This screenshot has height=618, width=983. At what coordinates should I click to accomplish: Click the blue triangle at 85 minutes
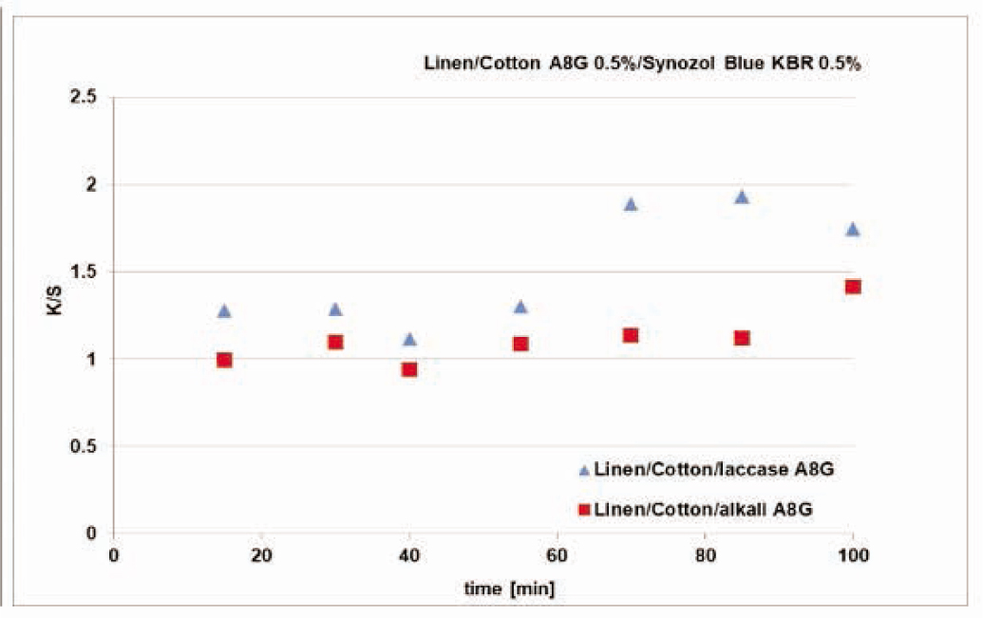[742, 197]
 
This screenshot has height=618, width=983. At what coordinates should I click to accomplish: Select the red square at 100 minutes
[853, 287]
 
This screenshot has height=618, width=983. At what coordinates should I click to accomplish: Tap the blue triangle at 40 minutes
[409, 340]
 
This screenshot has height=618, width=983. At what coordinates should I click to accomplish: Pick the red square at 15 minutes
[224, 360]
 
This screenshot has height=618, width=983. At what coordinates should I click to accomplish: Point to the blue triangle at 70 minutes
[631, 204]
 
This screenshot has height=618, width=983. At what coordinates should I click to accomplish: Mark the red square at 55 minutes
[520, 344]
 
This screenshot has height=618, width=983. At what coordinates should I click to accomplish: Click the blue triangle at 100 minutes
[853, 230]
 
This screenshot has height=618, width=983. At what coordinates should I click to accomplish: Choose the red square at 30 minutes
[335, 342]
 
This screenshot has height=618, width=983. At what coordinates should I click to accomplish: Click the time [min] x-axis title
[510, 589]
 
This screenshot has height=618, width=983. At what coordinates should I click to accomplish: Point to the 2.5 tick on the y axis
[87, 97]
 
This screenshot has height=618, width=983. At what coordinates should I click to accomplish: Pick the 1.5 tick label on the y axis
[87, 272]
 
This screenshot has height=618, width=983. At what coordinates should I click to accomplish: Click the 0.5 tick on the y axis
[87, 446]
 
